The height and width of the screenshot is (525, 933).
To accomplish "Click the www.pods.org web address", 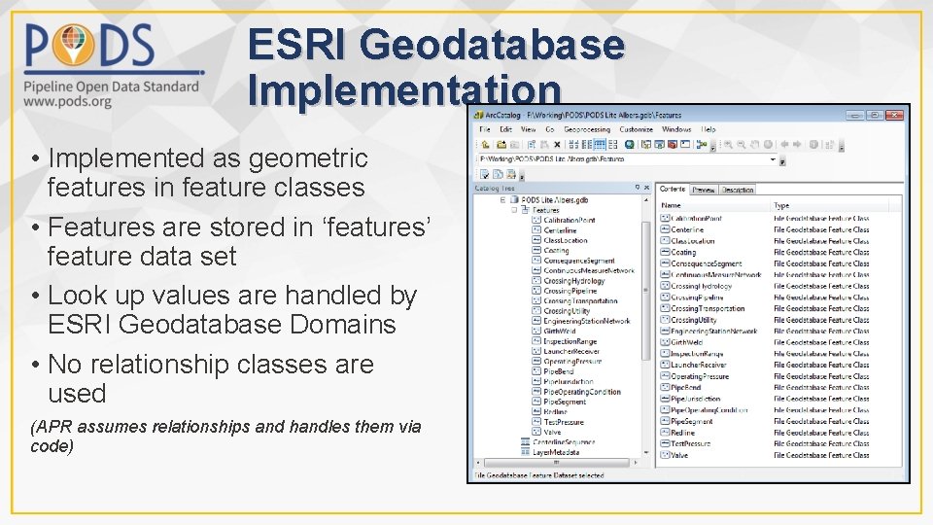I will pyautogui.click(x=68, y=102).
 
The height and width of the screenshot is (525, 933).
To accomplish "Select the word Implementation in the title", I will pyautogui.click(x=404, y=89).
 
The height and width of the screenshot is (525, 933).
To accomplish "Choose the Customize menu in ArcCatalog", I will pyautogui.click(x=636, y=129).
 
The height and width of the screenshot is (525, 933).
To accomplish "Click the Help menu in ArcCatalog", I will pyautogui.click(x=708, y=129).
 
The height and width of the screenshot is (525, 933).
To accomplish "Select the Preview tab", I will pyautogui.click(x=704, y=190).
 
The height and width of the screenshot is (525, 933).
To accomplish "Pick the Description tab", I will pyautogui.click(x=738, y=190).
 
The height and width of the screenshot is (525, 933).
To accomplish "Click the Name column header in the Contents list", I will pyautogui.click(x=671, y=206).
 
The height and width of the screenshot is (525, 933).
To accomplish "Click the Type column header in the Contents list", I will pyautogui.click(x=781, y=206).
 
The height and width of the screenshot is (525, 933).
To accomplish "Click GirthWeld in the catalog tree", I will pyautogui.click(x=559, y=331).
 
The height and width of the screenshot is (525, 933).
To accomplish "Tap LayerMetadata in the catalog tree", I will pyautogui.click(x=556, y=452).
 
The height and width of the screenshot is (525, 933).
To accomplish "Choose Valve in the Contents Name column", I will pyautogui.click(x=678, y=455).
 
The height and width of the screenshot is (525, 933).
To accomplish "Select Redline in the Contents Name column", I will pyautogui.click(x=682, y=433).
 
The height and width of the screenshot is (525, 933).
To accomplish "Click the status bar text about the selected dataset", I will pyautogui.click(x=537, y=475).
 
